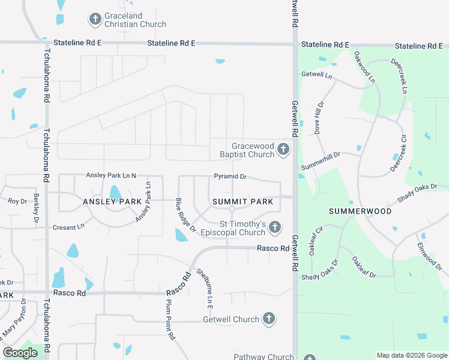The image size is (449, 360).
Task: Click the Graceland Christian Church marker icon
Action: pyautogui.click(x=95, y=19)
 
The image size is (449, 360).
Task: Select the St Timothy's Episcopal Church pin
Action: pyautogui.click(x=274, y=227)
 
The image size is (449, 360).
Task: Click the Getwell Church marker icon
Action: pyautogui.click(x=268, y=319)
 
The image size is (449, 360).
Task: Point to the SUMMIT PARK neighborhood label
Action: pyautogui.click(x=242, y=202)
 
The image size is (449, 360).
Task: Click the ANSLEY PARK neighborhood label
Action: pyautogui.click(x=107, y=202)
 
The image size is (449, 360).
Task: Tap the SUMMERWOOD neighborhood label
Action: pyautogui.click(x=360, y=211)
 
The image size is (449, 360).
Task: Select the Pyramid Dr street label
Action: pyautogui.click(x=231, y=177)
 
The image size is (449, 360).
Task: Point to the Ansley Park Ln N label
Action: pyautogui.click(x=111, y=175)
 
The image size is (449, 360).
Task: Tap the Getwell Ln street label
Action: pyautogui.click(x=316, y=76)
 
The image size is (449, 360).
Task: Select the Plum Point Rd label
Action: pyautogui.click(x=170, y=321)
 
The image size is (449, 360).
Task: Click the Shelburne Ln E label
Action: pyautogui.click(x=206, y=289)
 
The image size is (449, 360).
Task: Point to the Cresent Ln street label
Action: pyautogui.click(x=68, y=227)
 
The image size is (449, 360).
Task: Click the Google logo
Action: pyautogui.click(x=20, y=353)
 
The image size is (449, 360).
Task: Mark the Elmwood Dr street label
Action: pyautogui.click(x=429, y=254)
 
